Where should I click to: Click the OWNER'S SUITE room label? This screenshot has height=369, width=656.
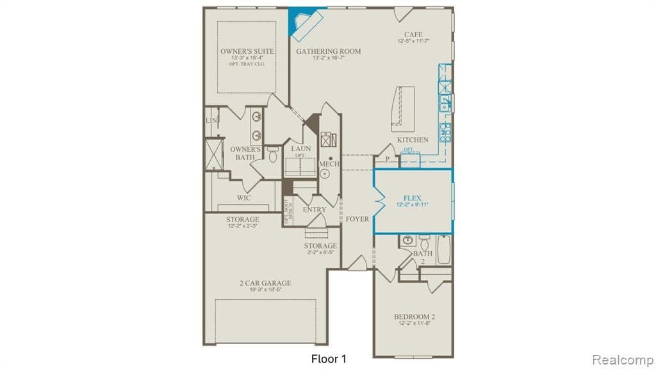pyautogui.click(x=247, y=51)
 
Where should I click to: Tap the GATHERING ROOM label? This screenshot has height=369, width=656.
pyautogui.click(x=328, y=51)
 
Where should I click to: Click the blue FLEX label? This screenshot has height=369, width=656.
pyautogui.click(x=412, y=198)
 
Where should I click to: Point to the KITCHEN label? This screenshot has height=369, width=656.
pyautogui.click(x=413, y=140)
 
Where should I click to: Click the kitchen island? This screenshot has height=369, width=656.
pyautogui.click(x=402, y=106)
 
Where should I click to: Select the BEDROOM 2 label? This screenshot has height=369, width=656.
pyautogui.click(x=414, y=316)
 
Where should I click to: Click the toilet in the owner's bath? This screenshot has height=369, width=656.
pyautogui.click(x=272, y=154)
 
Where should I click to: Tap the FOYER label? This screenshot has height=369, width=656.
pyautogui.click(x=357, y=219)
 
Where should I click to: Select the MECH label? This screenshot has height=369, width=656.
pyautogui.click(x=329, y=164)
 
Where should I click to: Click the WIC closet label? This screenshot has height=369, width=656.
pyautogui.click(x=243, y=198)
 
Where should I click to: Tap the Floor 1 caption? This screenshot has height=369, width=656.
pyautogui.click(x=329, y=357)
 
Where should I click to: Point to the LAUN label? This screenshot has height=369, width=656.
pyautogui.click(x=300, y=149)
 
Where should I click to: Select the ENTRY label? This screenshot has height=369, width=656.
pyautogui.click(x=314, y=209)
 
